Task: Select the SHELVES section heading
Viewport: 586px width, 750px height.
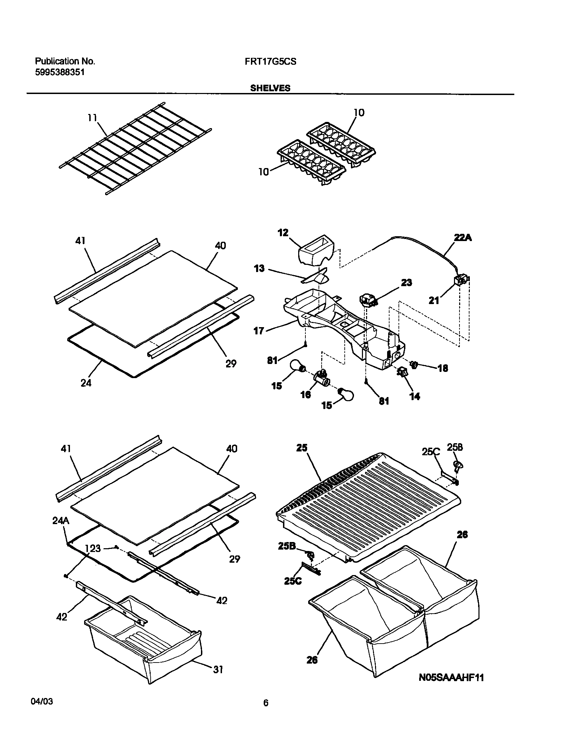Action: pos(270,88)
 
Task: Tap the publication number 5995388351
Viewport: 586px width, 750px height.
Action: pos(60,73)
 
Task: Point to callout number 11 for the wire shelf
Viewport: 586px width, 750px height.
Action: pos(92,118)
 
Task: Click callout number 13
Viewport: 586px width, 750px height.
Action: pos(259,268)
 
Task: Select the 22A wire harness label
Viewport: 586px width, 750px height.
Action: pos(463,238)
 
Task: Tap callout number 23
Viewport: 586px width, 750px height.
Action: pos(406,283)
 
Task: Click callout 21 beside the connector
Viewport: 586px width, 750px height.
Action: pos(434,301)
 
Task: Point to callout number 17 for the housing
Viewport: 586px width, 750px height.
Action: pos(259,331)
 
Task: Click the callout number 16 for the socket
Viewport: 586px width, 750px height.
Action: pos(305,395)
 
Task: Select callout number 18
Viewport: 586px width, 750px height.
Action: pos(443,368)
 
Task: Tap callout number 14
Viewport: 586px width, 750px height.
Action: pos(415,397)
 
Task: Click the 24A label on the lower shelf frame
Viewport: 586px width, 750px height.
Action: pos(61,521)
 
